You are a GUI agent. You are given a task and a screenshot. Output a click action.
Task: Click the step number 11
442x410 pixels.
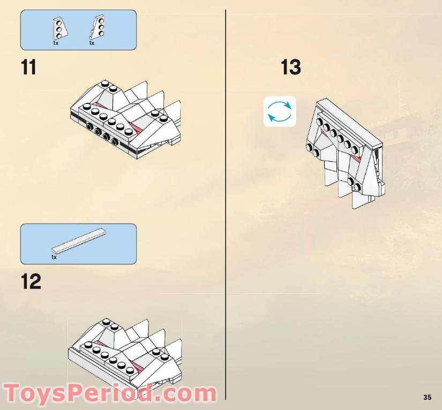29,68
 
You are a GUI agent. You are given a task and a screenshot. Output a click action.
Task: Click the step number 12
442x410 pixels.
31,282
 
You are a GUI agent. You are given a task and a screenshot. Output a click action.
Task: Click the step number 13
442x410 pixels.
291,68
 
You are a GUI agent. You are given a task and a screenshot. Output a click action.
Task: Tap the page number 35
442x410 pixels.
427,397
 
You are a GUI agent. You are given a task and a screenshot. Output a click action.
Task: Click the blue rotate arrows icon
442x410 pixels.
280,111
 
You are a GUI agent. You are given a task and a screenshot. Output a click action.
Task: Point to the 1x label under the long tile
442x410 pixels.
54,257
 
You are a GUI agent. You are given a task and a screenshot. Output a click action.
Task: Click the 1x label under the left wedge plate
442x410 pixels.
56,43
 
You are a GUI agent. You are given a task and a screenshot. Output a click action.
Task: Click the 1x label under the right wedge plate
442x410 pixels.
92,43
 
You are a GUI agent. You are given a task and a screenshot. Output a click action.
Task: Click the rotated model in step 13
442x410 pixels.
346,153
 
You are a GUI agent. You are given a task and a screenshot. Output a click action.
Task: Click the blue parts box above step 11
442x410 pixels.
78,30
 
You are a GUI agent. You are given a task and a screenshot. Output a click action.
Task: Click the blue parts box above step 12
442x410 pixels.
78,244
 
